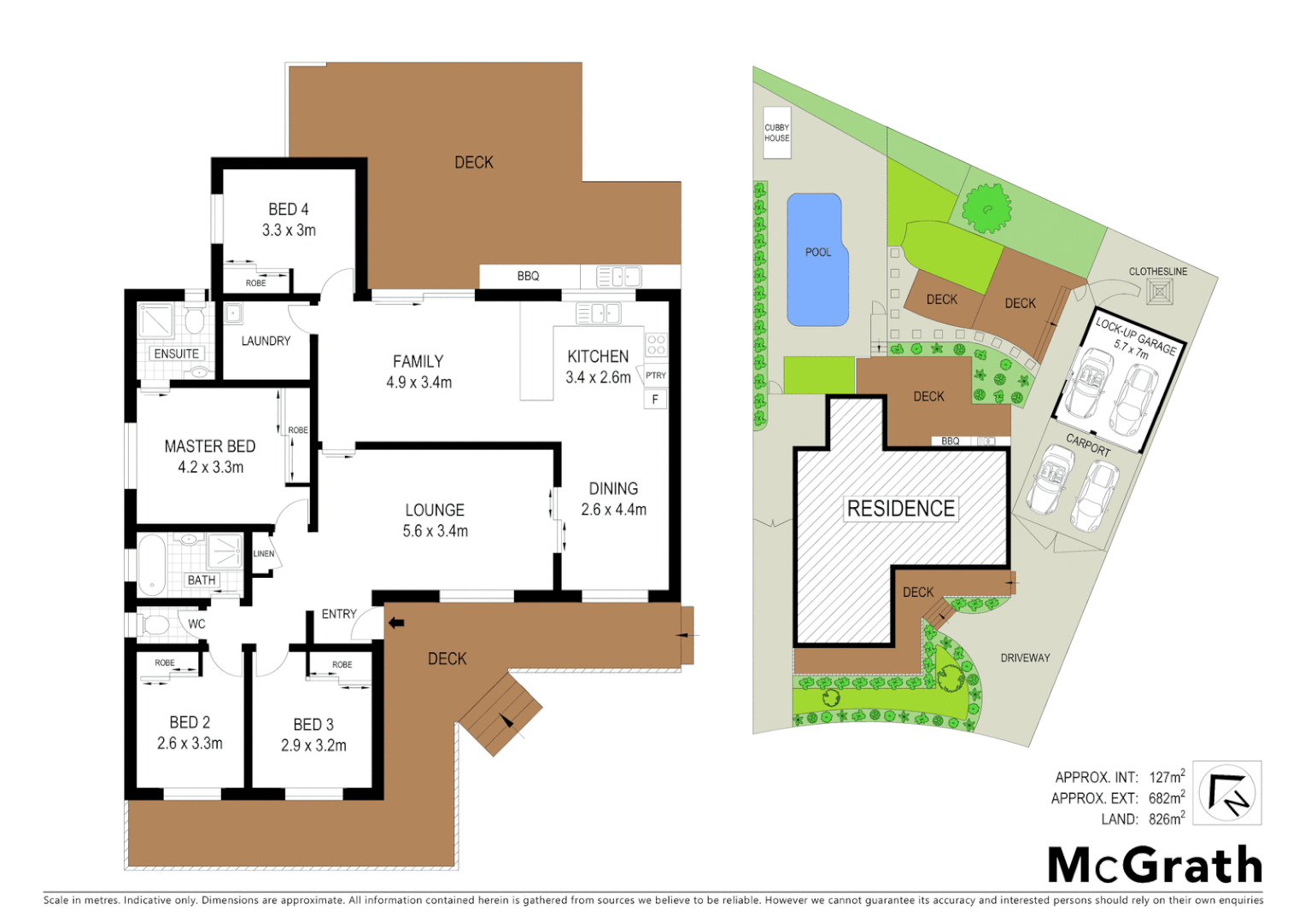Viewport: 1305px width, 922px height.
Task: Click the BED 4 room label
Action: [288, 209]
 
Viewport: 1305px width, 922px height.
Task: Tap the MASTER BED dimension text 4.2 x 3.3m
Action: [210, 467]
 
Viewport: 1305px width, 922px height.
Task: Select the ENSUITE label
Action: [176, 353]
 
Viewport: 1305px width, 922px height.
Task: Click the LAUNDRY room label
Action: [266, 341]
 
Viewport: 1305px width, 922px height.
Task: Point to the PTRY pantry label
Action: [655, 376]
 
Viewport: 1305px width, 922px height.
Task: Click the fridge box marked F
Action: [655, 399]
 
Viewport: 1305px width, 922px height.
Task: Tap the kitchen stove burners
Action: [656, 345]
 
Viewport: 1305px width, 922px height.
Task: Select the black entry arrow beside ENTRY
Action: [396, 623]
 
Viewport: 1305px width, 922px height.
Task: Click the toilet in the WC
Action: [154, 625]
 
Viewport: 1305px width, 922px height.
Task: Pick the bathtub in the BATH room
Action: [151, 564]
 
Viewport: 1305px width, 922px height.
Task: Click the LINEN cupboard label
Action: [264, 554]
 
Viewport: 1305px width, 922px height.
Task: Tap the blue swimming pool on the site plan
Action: [816, 260]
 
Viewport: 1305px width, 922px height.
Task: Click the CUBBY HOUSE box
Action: [776, 133]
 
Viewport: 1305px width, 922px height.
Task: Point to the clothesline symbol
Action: [1159, 292]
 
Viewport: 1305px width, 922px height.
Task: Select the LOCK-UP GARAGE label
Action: [1136, 336]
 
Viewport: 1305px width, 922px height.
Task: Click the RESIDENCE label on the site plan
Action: [900, 509]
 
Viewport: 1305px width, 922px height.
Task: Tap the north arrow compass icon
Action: [1226, 793]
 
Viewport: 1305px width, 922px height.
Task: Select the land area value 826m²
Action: [1167, 819]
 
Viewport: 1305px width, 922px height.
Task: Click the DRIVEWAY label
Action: [1025, 657]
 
